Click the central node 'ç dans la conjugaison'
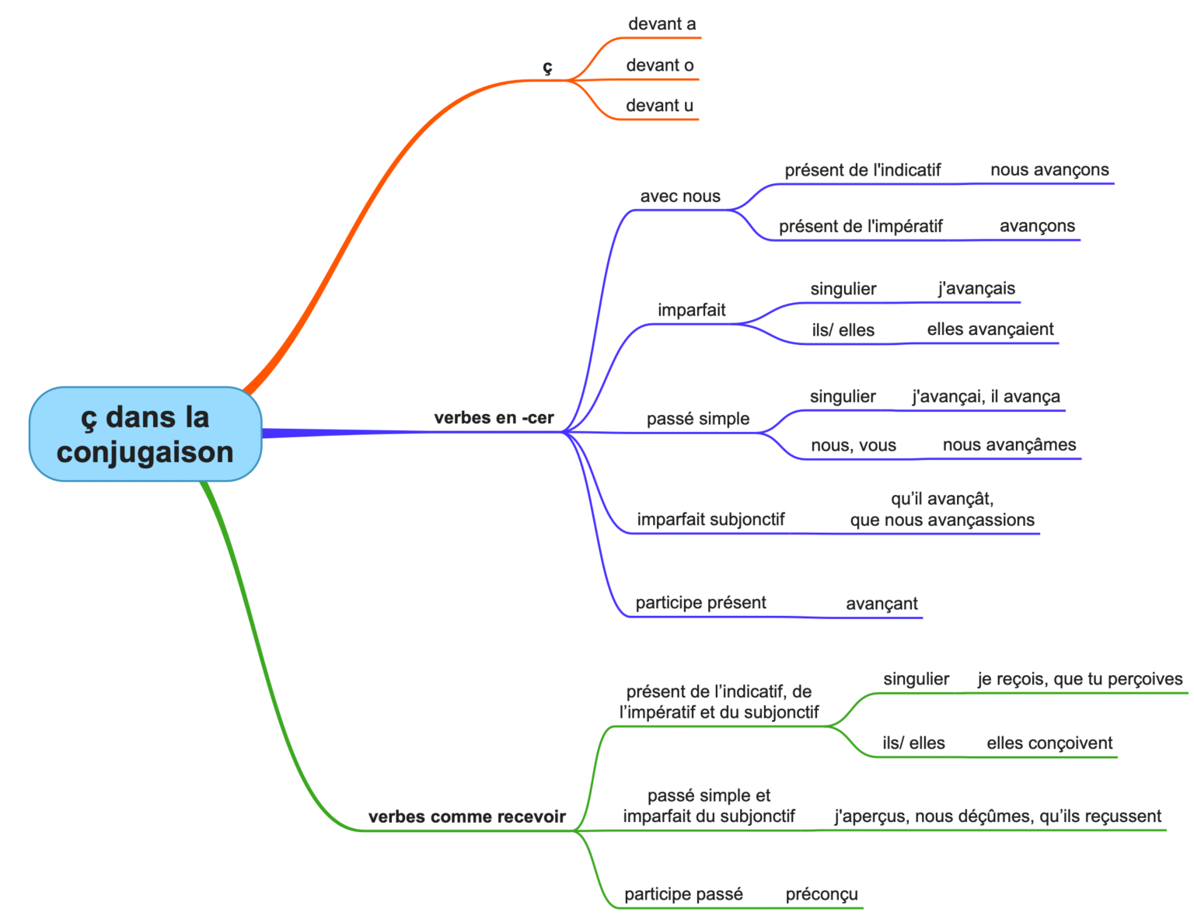[x=145, y=434]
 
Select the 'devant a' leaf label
[x=662, y=24]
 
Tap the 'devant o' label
[x=660, y=65]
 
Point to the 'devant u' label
[x=659, y=106]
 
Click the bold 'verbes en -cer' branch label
[x=494, y=418]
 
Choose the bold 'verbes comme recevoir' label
[x=466, y=816]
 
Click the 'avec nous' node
[x=680, y=197]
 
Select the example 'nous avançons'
[x=1049, y=170]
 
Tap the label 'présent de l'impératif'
[x=861, y=226]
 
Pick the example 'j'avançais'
[x=976, y=288]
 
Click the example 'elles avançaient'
[x=990, y=329]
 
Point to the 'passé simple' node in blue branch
[x=698, y=419]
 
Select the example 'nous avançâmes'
[x=1009, y=445]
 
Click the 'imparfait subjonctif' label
[x=710, y=520]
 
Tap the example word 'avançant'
[x=882, y=604]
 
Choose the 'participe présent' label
[x=700, y=603]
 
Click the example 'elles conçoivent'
[x=1049, y=743]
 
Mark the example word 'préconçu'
[x=822, y=894]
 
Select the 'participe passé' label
[x=683, y=894]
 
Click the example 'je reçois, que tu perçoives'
[x=1080, y=679]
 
